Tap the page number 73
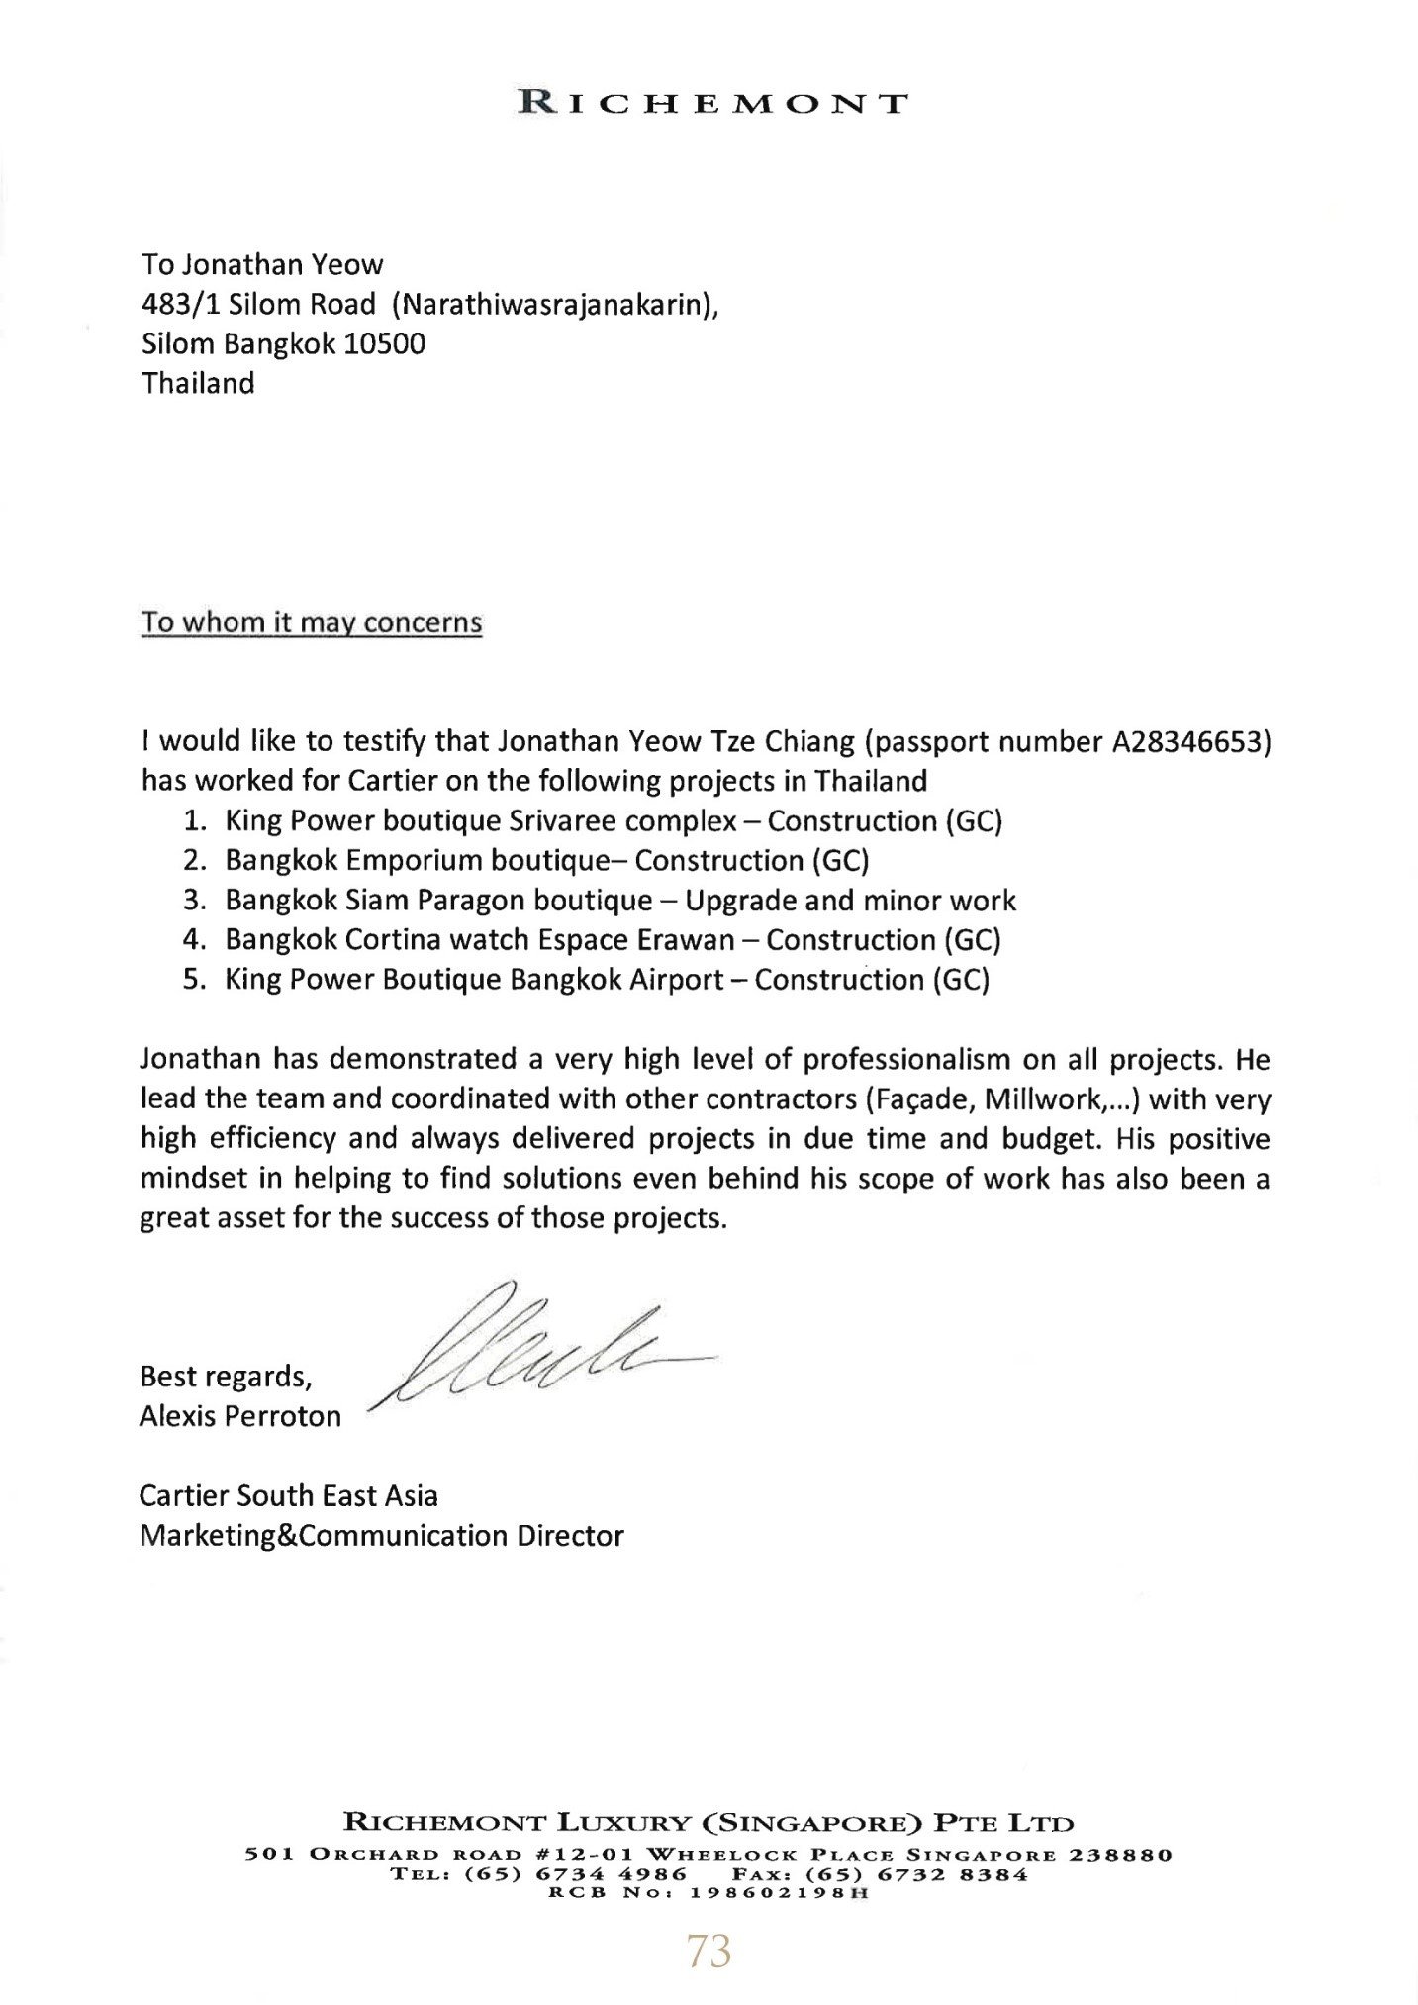tap(709, 1952)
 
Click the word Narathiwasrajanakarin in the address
tap(554, 305)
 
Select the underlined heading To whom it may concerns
tap(311, 623)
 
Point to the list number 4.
tap(193, 940)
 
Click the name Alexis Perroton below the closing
tap(240, 1416)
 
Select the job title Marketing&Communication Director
tap(382, 1535)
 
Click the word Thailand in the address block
tap(198, 384)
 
